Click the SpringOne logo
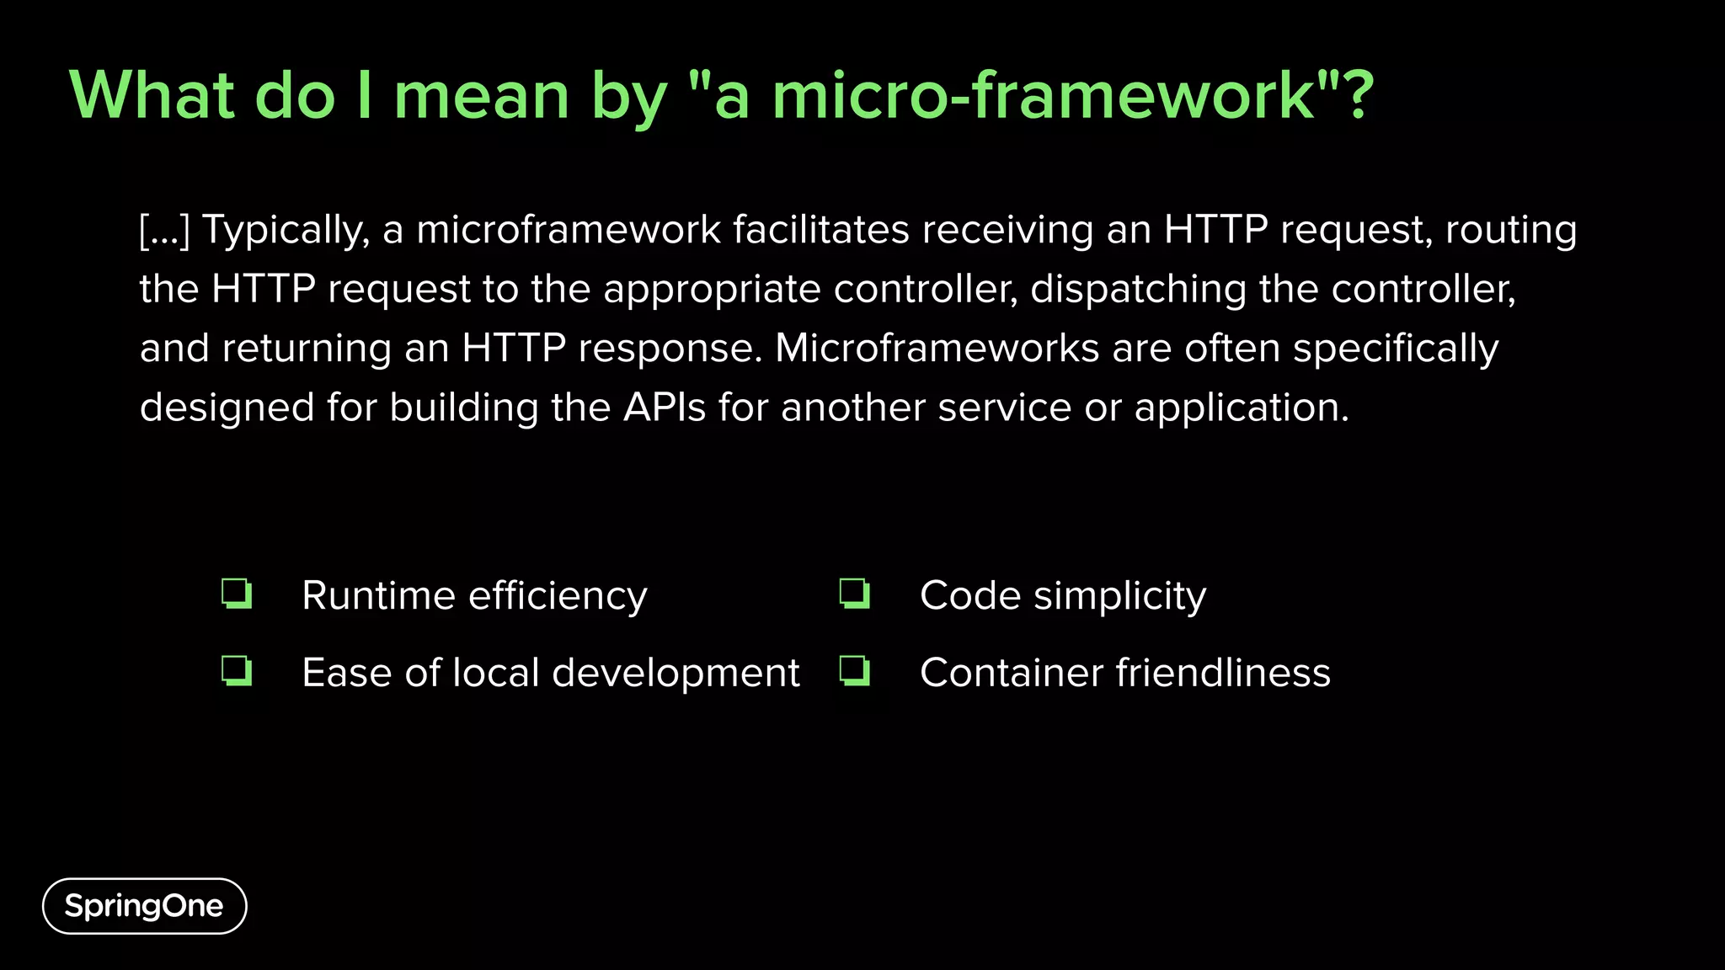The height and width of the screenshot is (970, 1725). click(144, 906)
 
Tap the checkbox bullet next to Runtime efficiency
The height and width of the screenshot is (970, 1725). click(237, 594)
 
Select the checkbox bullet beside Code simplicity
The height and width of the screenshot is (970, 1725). click(855, 594)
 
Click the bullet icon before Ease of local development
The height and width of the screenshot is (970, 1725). click(237, 671)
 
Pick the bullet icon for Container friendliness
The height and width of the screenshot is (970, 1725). click(855, 671)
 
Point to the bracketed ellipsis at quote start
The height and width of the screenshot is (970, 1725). click(165, 231)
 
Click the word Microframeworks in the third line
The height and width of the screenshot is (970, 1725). click(937, 348)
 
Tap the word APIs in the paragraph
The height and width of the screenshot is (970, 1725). click(665, 408)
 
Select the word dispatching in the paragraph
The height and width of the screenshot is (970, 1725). click(1138, 289)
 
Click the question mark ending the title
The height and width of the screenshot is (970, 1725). click(1358, 94)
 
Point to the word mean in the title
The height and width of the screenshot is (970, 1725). click(482, 96)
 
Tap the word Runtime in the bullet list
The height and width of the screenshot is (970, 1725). click(379, 596)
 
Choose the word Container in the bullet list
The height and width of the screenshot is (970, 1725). click(1012, 673)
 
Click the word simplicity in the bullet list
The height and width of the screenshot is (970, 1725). click(1119, 597)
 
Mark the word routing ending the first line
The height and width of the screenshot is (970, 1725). click(1511, 231)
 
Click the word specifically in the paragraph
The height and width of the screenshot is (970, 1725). click(1396, 349)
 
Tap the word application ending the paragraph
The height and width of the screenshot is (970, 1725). click(1241, 408)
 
